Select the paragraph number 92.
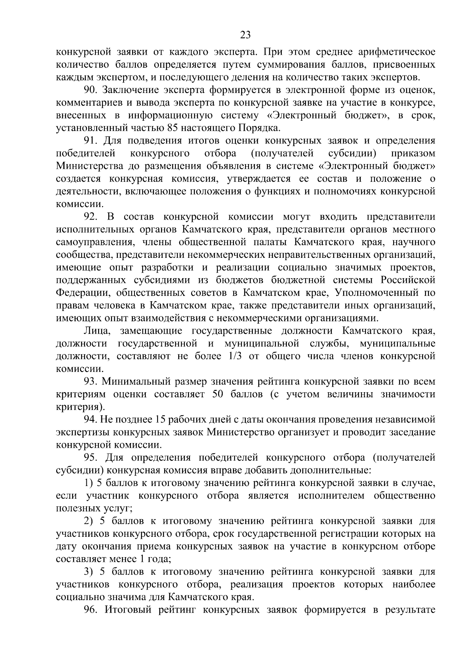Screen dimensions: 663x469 pyautogui.click(x=91, y=217)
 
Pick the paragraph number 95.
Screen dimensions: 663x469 pyautogui.click(x=91, y=457)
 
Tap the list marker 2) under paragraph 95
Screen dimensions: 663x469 pyautogui.click(x=88, y=521)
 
